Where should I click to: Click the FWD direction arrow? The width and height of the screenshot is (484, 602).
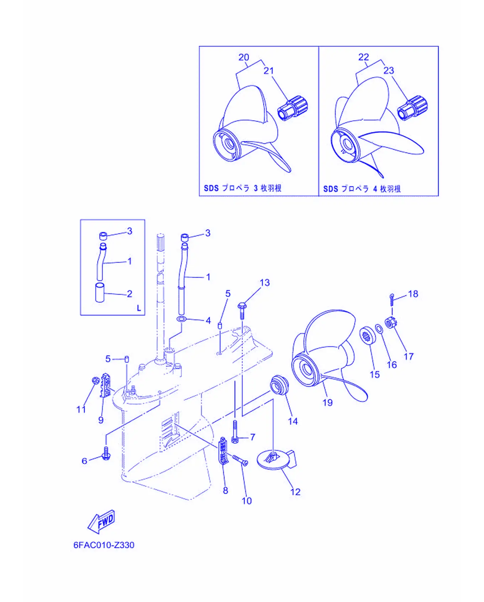(101, 521)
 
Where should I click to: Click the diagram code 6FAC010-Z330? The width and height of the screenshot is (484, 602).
(104, 545)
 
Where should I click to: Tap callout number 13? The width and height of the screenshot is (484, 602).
(265, 283)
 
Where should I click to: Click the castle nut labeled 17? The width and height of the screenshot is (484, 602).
(391, 323)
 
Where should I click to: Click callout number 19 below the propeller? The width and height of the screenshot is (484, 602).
(327, 402)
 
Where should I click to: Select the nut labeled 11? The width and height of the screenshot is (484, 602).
(95, 380)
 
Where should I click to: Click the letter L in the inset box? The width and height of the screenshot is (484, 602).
(139, 308)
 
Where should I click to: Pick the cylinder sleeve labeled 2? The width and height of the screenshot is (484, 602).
(100, 292)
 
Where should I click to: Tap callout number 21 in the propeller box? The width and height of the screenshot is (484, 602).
(269, 70)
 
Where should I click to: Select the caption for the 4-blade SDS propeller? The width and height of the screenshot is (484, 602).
(362, 189)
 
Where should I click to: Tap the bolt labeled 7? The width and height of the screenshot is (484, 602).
(235, 431)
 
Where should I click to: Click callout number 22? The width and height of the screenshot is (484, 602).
(363, 57)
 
